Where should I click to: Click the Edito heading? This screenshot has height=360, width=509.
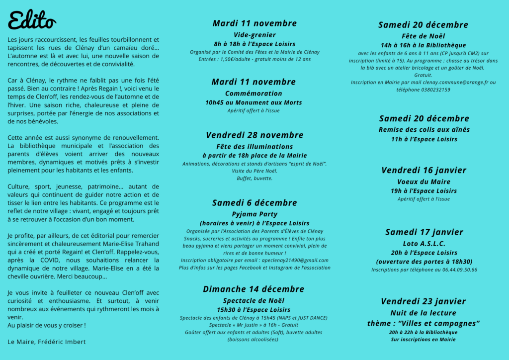click(32, 20)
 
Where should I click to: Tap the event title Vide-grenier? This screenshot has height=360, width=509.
click(254, 35)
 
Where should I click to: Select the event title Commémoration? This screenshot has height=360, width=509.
click(254, 93)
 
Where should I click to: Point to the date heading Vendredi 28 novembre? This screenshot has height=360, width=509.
click(254, 135)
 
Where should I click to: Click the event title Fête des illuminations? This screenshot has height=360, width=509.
click(254, 147)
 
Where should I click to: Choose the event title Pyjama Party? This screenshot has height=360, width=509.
click(254, 214)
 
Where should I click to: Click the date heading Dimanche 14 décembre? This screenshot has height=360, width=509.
click(254, 289)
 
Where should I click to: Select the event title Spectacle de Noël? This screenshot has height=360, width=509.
click(254, 301)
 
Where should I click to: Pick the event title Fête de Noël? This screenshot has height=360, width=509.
click(423, 36)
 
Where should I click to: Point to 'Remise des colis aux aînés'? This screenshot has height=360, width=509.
click(424, 130)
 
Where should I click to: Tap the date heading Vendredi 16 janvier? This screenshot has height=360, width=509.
click(424, 170)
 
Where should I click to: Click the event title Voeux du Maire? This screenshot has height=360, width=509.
click(424, 182)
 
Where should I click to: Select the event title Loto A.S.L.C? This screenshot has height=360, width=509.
click(424, 244)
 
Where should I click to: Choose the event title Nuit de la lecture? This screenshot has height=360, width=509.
click(424, 313)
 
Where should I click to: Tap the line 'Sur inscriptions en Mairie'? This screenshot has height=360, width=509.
click(424, 340)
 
